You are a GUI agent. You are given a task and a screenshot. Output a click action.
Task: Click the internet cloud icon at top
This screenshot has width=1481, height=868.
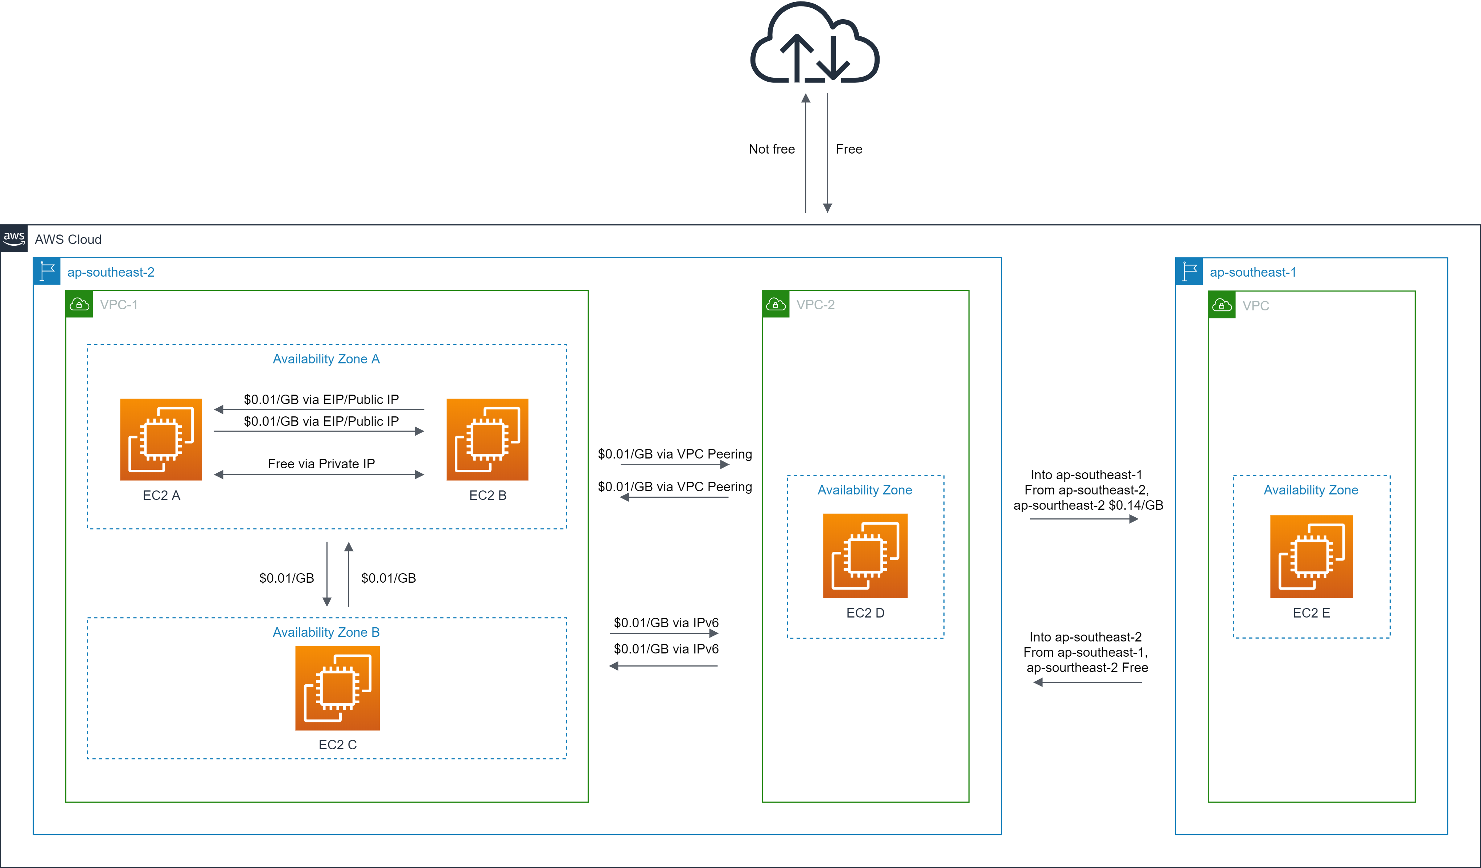(815, 44)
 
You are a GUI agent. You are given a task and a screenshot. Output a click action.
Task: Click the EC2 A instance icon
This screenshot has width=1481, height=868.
(160, 439)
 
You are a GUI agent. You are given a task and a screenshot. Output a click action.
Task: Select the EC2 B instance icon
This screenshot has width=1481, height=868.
(487, 439)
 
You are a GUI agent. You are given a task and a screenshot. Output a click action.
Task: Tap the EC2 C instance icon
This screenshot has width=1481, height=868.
(337, 688)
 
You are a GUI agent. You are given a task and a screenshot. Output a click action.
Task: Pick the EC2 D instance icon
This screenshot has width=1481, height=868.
(865, 556)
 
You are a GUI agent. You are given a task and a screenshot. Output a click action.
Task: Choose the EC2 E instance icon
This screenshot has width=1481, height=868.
(1311, 556)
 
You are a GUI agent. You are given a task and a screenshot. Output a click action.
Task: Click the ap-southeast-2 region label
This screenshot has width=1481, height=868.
(111, 272)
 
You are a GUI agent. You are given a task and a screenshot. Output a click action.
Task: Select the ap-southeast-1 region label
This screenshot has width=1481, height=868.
(1252, 272)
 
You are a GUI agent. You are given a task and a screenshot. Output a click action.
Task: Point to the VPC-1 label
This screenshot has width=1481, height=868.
(118, 305)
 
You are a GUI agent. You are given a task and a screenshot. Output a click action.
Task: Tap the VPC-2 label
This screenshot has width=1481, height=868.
(815, 305)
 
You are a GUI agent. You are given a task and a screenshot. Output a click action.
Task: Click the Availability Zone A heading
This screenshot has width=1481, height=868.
(326, 359)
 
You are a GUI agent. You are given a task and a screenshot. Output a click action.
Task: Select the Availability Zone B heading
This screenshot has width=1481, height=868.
(326, 632)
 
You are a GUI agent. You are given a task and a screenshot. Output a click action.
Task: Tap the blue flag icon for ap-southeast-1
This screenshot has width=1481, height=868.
(1189, 272)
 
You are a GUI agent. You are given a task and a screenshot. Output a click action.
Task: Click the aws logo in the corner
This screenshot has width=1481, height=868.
(13, 238)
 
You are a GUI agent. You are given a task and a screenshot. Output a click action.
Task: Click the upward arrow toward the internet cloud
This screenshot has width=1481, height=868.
(806, 153)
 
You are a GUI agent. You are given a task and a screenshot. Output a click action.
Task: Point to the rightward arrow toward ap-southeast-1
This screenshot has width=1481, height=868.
(1084, 519)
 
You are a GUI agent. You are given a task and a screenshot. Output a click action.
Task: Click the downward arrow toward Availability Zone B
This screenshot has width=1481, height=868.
(327, 573)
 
